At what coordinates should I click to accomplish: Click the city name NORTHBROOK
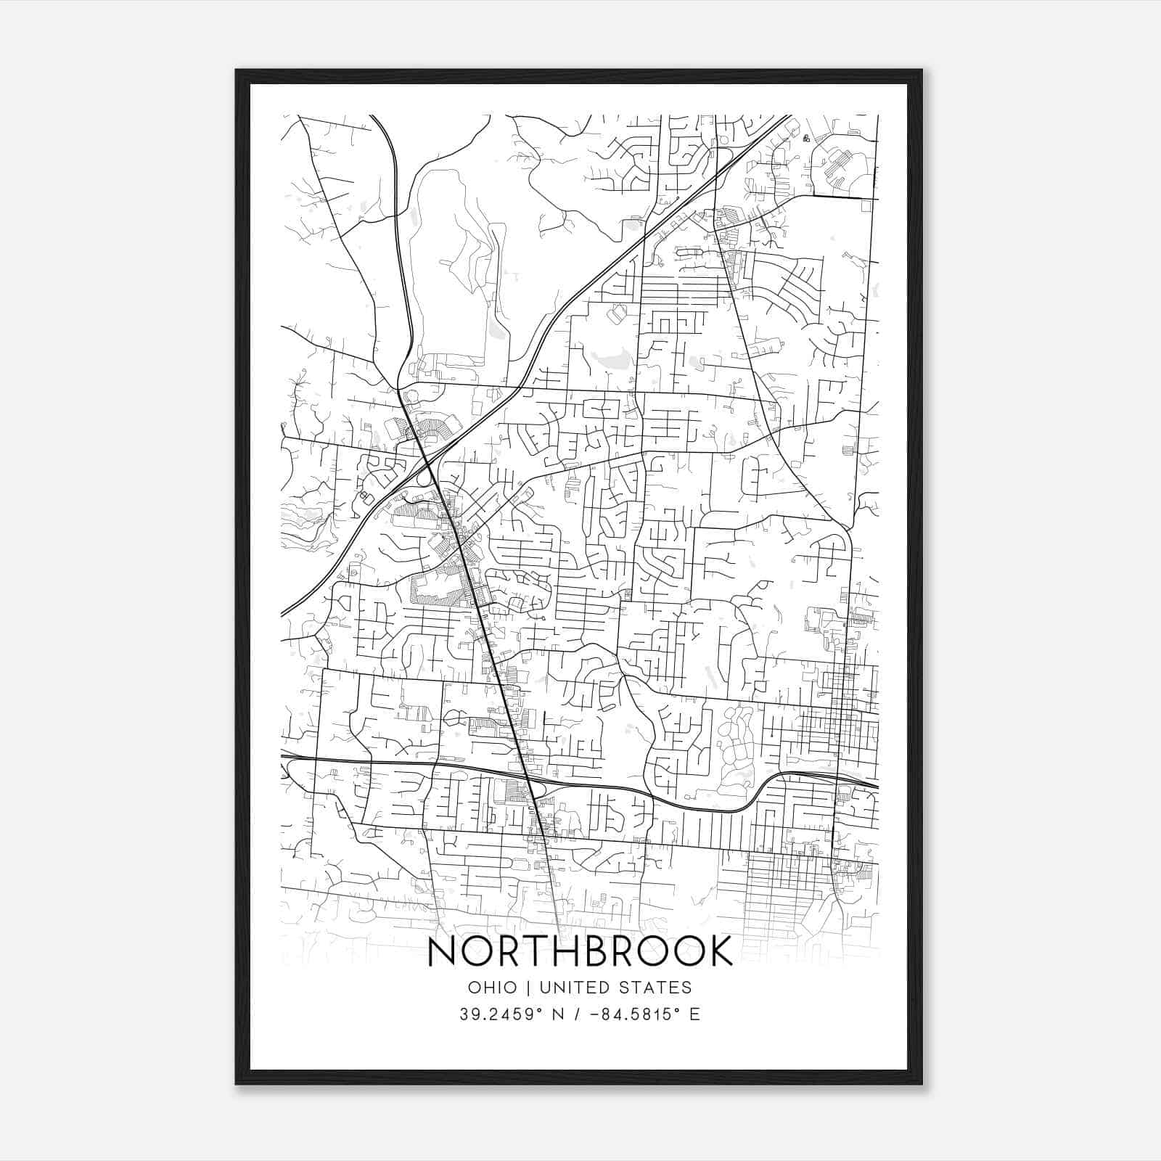[580, 951]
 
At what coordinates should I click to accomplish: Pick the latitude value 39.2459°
[501, 1014]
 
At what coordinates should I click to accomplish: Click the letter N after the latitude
[558, 1014]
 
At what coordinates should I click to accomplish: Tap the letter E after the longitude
[694, 1014]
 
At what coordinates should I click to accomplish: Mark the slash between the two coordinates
[576, 1014]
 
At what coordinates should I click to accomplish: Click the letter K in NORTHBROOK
[718, 951]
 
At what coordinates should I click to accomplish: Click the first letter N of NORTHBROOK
[442, 951]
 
